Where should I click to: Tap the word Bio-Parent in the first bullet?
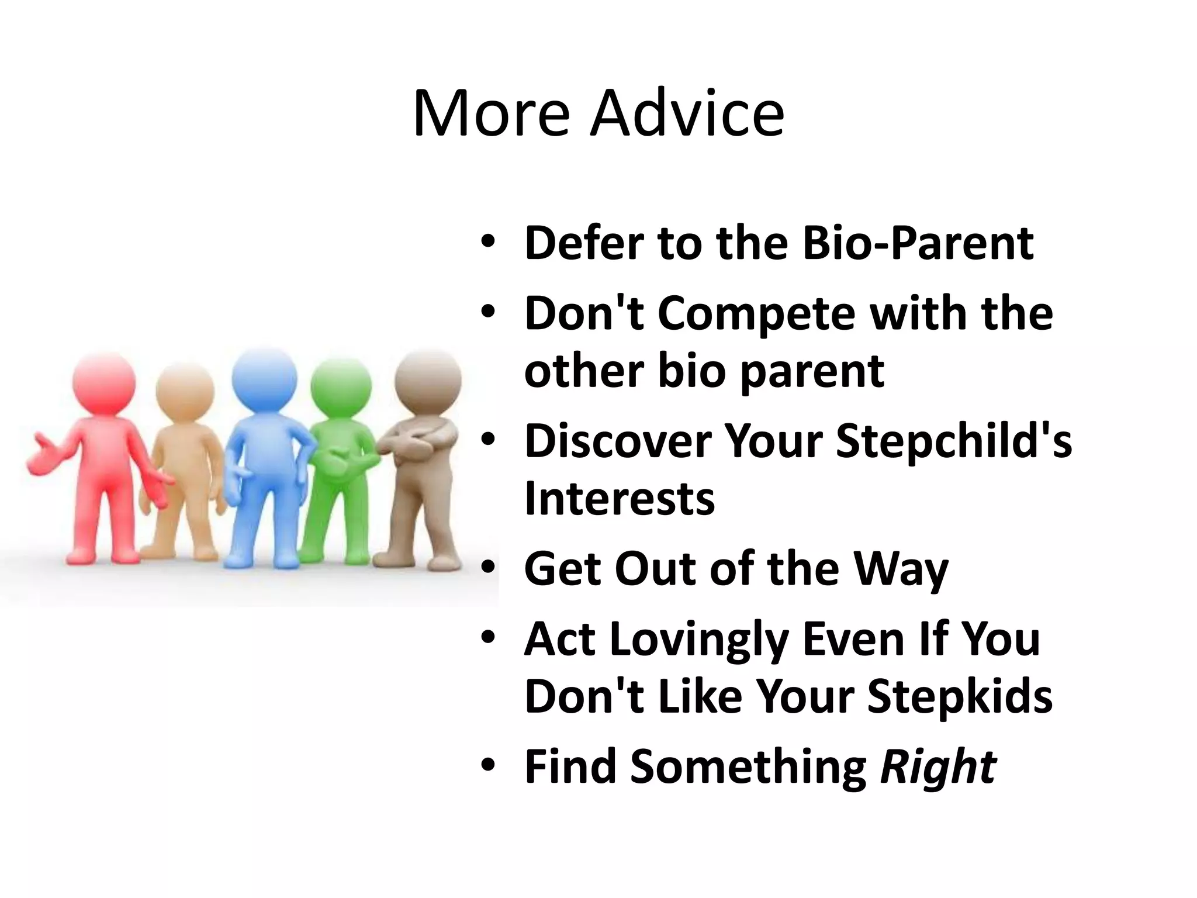click(x=918, y=243)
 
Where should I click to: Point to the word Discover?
click(x=617, y=441)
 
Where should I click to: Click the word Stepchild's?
click(x=954, y=441)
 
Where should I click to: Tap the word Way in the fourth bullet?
click(x=900, y=569)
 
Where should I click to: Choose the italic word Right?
click(x=937, y=766)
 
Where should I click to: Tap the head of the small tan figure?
click(x=185, y=393)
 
